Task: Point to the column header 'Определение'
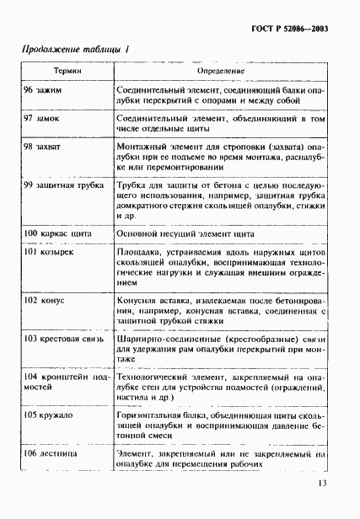pyautogui.click(x=221, y=73)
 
